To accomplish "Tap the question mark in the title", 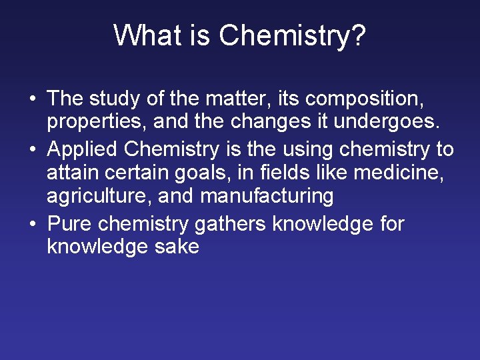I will (x=358, y=35).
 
